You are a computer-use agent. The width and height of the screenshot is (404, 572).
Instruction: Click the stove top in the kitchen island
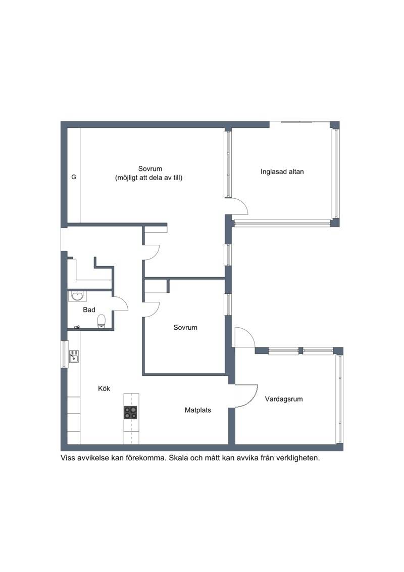[131, 412]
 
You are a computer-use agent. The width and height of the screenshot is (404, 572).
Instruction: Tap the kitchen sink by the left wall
[74, 357]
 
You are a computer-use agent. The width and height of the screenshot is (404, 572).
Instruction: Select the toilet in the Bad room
[102, 321]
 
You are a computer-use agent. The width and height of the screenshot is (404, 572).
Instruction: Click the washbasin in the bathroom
[77, 296]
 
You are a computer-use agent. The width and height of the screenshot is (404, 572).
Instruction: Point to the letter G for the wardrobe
[74, 177]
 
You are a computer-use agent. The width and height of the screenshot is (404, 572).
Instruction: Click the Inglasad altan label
[282, 171]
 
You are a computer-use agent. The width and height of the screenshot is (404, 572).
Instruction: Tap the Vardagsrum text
[284, 399]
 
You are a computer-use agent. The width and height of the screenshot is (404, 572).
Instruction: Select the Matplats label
[198, 410]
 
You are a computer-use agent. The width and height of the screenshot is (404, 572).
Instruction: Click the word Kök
[104, 388]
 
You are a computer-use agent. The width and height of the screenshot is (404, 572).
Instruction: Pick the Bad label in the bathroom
[89, 310]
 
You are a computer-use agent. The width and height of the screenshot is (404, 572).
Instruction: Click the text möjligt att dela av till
[148, 178]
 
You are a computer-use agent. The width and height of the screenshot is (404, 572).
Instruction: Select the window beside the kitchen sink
[65, 354]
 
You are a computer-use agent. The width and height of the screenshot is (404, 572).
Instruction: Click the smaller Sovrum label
[185, 328]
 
